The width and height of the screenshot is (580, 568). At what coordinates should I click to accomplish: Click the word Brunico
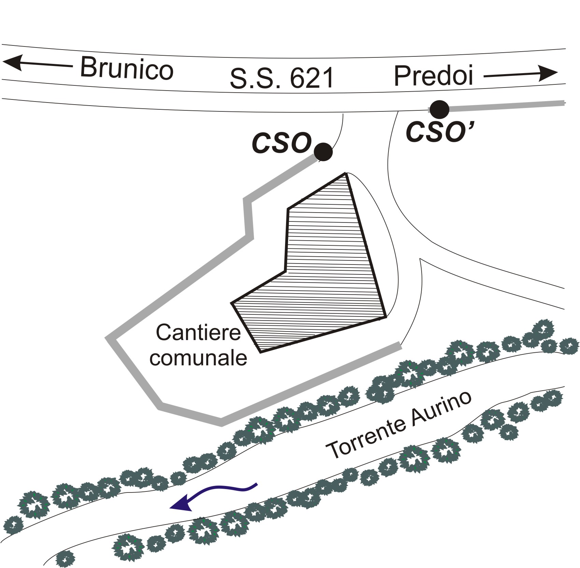click(127, 68)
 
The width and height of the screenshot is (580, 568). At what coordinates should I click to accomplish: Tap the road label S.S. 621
click(281, 78)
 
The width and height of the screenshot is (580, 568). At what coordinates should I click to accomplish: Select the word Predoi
click(434, 76)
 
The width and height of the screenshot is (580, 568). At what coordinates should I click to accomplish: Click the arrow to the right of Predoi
click(521, 74)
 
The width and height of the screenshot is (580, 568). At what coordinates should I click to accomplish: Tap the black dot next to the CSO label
click(323, 152)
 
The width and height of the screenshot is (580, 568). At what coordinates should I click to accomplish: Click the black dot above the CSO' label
click(439, 110)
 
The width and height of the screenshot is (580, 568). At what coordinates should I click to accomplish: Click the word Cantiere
click(198, 332)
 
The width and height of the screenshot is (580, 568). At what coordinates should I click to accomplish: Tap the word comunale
click(198, 358)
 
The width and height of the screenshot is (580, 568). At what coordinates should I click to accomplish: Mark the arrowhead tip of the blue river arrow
click(170, 508)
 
